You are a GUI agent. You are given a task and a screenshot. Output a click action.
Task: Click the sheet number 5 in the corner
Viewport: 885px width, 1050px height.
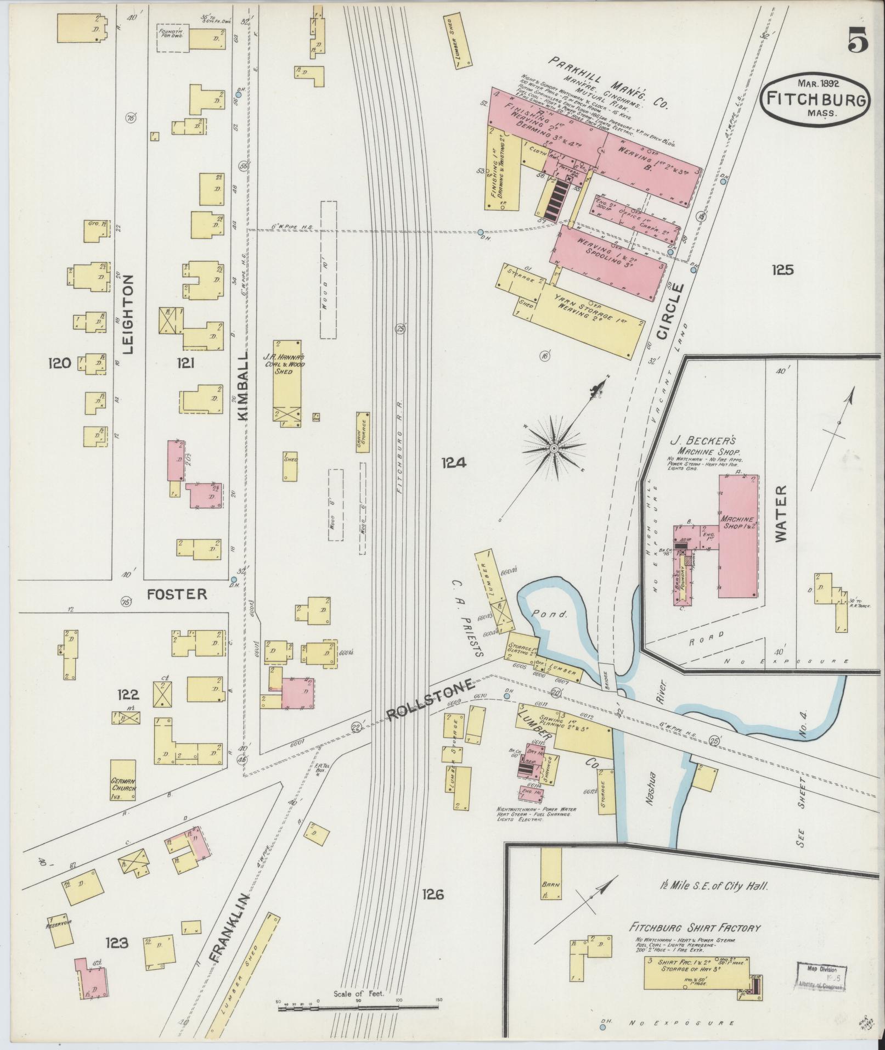(x=857, y=40)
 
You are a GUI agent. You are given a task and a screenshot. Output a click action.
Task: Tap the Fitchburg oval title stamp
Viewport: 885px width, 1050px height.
(x=815, y=100)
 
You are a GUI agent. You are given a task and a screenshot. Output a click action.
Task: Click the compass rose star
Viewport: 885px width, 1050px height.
(x=554, y=449)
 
